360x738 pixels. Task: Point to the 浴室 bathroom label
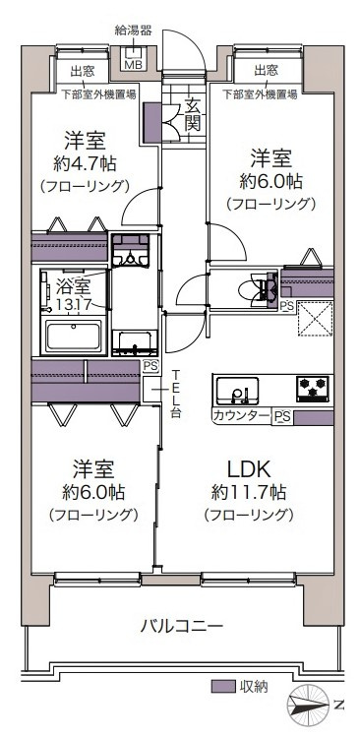(x=72, y=286)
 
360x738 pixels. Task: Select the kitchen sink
(x=238, y=391)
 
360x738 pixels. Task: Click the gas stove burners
(x=313, y=390)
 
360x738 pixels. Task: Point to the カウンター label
(x=241, y=416)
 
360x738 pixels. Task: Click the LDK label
(x=249, y=467)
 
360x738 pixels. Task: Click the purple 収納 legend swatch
(x=224, y=686)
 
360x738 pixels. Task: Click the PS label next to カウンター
(x=281, y=416)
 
